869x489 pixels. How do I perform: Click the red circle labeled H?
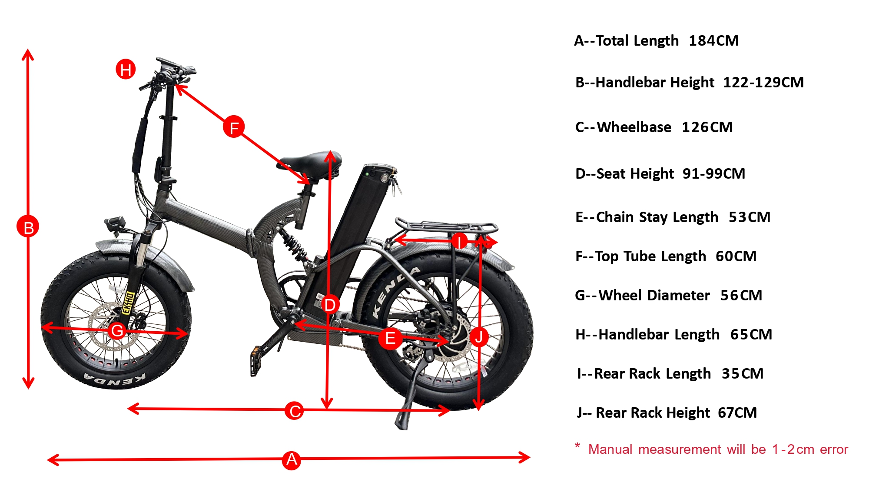126,70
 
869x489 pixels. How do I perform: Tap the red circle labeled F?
234,127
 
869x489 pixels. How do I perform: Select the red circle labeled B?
28,227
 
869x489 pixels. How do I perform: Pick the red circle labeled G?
117,330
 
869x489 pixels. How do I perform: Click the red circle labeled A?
292,459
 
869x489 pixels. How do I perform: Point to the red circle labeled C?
295,411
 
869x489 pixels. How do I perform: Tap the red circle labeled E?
390,338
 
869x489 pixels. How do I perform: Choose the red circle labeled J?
479,336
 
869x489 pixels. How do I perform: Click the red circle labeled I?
459,240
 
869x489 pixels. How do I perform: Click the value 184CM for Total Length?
713,41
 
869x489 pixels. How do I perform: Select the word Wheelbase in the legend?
634,127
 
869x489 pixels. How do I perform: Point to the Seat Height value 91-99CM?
713,174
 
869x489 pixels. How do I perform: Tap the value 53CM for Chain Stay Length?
749,217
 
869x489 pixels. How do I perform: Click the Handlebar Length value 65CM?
751,335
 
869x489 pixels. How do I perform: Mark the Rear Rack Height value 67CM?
737,413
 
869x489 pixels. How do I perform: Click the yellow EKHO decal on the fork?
128,302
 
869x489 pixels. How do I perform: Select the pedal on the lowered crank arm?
255,360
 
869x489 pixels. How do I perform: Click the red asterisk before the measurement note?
577,446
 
